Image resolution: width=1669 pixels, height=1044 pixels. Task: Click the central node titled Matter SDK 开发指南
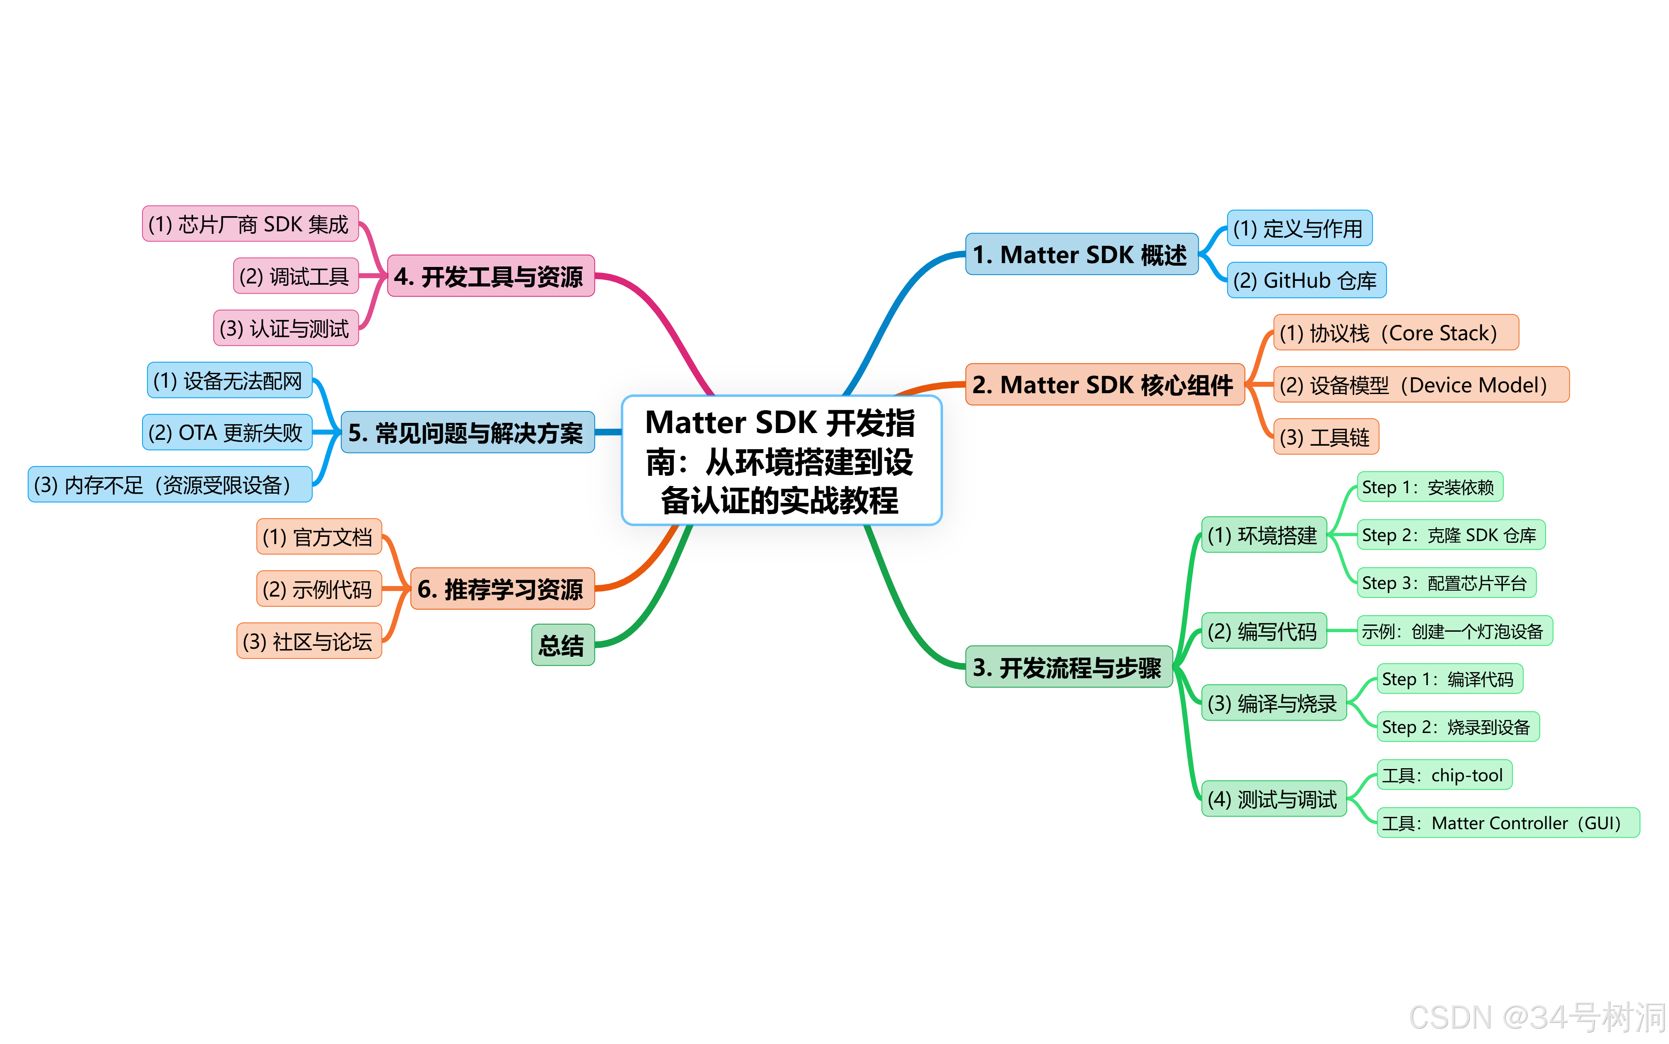click(781, 461)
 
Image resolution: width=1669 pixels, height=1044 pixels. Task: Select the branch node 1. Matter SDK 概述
click(1081, 255)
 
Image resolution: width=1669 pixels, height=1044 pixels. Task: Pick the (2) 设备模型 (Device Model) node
click(1421, 385)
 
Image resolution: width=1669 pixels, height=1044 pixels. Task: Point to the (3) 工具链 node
click(1325, 437)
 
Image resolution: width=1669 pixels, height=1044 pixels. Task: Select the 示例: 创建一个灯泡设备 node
click(1454, 631)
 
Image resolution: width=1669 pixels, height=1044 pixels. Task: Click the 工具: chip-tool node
click(1444, 775)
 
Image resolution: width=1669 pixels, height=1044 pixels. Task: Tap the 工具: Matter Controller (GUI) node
click(1507, 823)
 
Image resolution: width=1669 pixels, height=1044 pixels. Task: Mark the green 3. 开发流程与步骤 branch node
click(1068, 667)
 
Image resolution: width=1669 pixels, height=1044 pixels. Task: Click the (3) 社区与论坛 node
click(309, 641)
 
